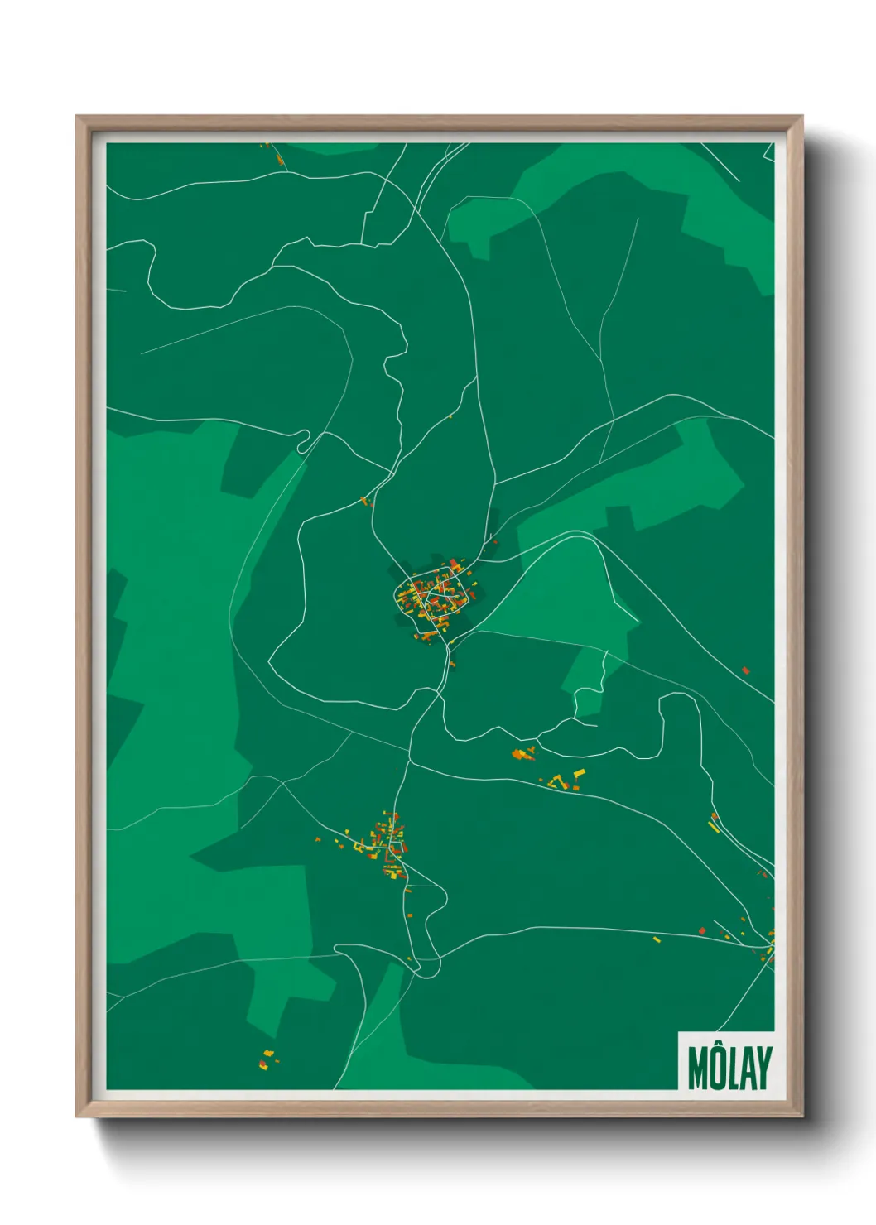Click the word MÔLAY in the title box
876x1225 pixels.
tap(729, 1069)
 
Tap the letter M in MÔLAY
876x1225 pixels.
tap(698, 1070)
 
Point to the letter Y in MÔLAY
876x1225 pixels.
tap(763, 1070)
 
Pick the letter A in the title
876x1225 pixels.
tap(748, 1070)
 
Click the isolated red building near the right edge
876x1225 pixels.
tap(745, 670)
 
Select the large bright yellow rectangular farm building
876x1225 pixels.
tap(580, 773)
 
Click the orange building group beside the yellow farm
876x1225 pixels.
tap(522, 753)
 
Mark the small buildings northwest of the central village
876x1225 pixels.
tap(364, 500)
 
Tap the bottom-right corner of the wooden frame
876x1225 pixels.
tap(801, 1117)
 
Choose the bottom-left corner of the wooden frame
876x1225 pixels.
tap(78, 1117)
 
